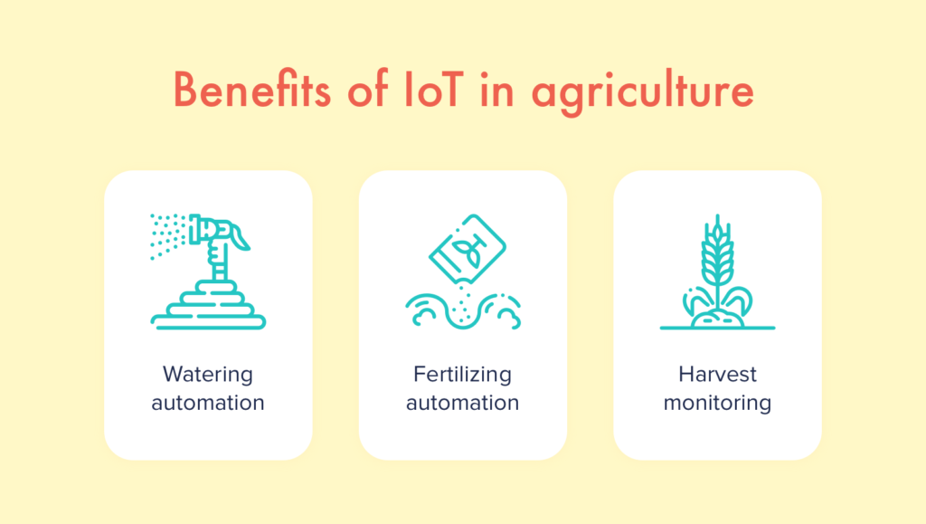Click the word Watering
[x=208, y=374]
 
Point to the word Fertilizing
[x=462, y=374]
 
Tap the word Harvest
[x=717, y=374]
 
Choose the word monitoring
[x=717, y=403]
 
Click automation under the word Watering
[x=208, y=402]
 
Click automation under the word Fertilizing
[x=462, y=402]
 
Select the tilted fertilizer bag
[x=467, y=244]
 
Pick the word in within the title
[x=496, y=92]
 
